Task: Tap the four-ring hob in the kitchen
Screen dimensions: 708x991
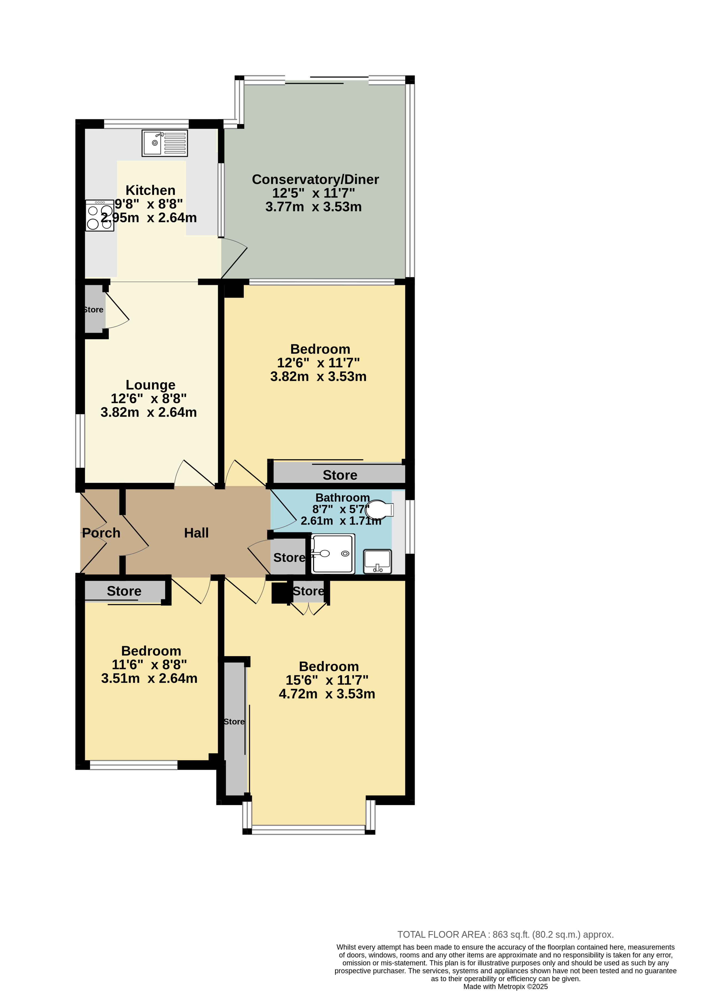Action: coord(100,215)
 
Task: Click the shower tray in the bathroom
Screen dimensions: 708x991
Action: coord(333,554)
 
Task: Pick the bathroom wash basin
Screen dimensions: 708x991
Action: coord(377,561)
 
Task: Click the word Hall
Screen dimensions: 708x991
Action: coord(196,533)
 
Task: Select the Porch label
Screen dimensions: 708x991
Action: coord(101,533)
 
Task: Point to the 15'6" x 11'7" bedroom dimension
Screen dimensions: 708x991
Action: coord(327,680)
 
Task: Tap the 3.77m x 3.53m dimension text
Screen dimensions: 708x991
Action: coord(313,207)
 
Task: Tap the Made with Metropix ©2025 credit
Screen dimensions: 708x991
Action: coord(505,986)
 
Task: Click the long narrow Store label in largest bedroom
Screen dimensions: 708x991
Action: coord(234,722)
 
